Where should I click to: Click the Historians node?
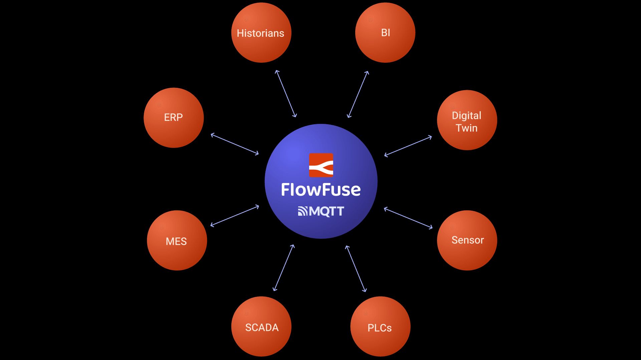pyautogui.click(x=261, y=33)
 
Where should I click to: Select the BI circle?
pyautogui.click(x=385, y=33)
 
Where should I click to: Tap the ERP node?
pyautogui.click(x=174, y=118)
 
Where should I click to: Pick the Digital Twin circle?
pyautogui.click(x=467, y=120)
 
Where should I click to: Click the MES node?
pyautogui.click(x=177, y=240)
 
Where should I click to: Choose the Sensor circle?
pyautogui.click(x=467, y=240)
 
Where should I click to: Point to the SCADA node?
pyautogui.click(x=261, y=326)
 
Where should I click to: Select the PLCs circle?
pyautogui.click(x=380, y=326)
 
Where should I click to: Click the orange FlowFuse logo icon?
pyautogui.click(x=321, y=165)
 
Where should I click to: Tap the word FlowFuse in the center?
pyautogui.click(x=321, y=190)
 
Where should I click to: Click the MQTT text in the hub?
pyautogui.click(x=327, y=211)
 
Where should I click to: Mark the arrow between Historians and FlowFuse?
pyautogui.click(x=286, y=94)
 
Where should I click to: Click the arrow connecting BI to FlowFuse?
pyautogui.click(x=358, y=94)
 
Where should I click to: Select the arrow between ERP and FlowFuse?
pyautogui.click(x=235, y=144)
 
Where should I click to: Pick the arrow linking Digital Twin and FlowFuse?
pyautogui.click(x=408, y=146)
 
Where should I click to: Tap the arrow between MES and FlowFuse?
pyautogui.click(x=235, y=216)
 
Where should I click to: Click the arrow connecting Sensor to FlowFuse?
pyautogui.click(x=408, y=218)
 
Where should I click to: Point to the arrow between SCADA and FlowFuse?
pyautogui.click(x=284, y=268)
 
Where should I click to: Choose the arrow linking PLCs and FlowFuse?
pyautogui.click(x=356, y=269)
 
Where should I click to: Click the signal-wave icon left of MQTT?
pyautogui.click(x=302, y=211)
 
